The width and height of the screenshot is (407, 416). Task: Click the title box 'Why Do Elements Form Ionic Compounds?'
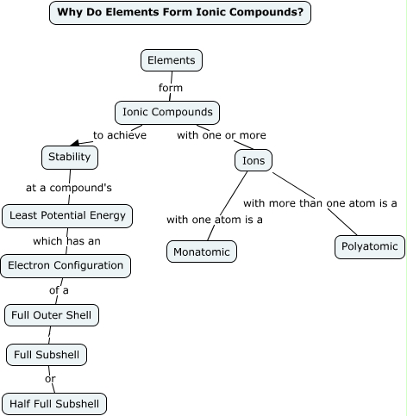point(179,12)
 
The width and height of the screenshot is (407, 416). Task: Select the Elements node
point(172,60)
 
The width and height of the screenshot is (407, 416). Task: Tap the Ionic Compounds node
point(167,112)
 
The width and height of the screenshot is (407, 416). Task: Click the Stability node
point(70,158)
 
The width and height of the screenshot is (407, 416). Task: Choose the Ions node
point(254,160)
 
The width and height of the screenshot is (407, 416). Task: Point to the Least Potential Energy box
point(67,215)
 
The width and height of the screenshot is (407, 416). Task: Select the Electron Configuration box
point(66,266)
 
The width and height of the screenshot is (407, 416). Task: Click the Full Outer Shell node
point(52,315)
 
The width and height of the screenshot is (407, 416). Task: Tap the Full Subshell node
point(47,354)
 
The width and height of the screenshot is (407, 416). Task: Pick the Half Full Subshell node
point(54,403)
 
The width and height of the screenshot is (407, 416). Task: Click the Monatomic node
point(201,251)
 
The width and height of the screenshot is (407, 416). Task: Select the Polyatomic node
point(369,246)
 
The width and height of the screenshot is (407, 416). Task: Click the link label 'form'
point(171,87)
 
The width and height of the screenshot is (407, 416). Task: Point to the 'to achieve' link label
point(120,135)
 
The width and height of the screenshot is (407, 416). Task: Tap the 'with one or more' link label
point(222,135)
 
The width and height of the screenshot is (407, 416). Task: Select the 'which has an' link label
point(66,241)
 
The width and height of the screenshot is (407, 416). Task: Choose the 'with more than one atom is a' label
point(320,203)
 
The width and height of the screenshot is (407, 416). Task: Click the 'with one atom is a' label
point(215,220)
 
